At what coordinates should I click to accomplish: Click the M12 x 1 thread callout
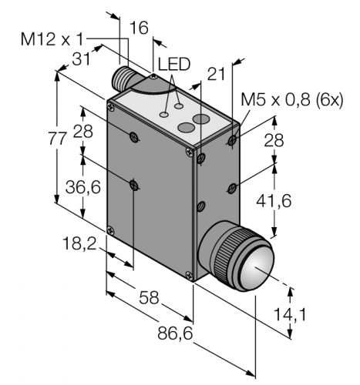(x=52, y=40)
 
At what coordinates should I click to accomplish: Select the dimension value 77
(x=58, y=140)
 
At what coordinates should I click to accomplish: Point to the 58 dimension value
(x=149, y=298)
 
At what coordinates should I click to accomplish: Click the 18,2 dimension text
(x=79, y=243)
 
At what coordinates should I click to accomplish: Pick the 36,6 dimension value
(x=82, y=187)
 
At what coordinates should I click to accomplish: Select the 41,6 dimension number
(x=274, y=200)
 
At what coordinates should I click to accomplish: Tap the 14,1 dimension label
(x=291, y=314)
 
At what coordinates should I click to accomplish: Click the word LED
(x=174, y=64)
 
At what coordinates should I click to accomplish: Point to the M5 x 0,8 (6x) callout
(x=292, y=100)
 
